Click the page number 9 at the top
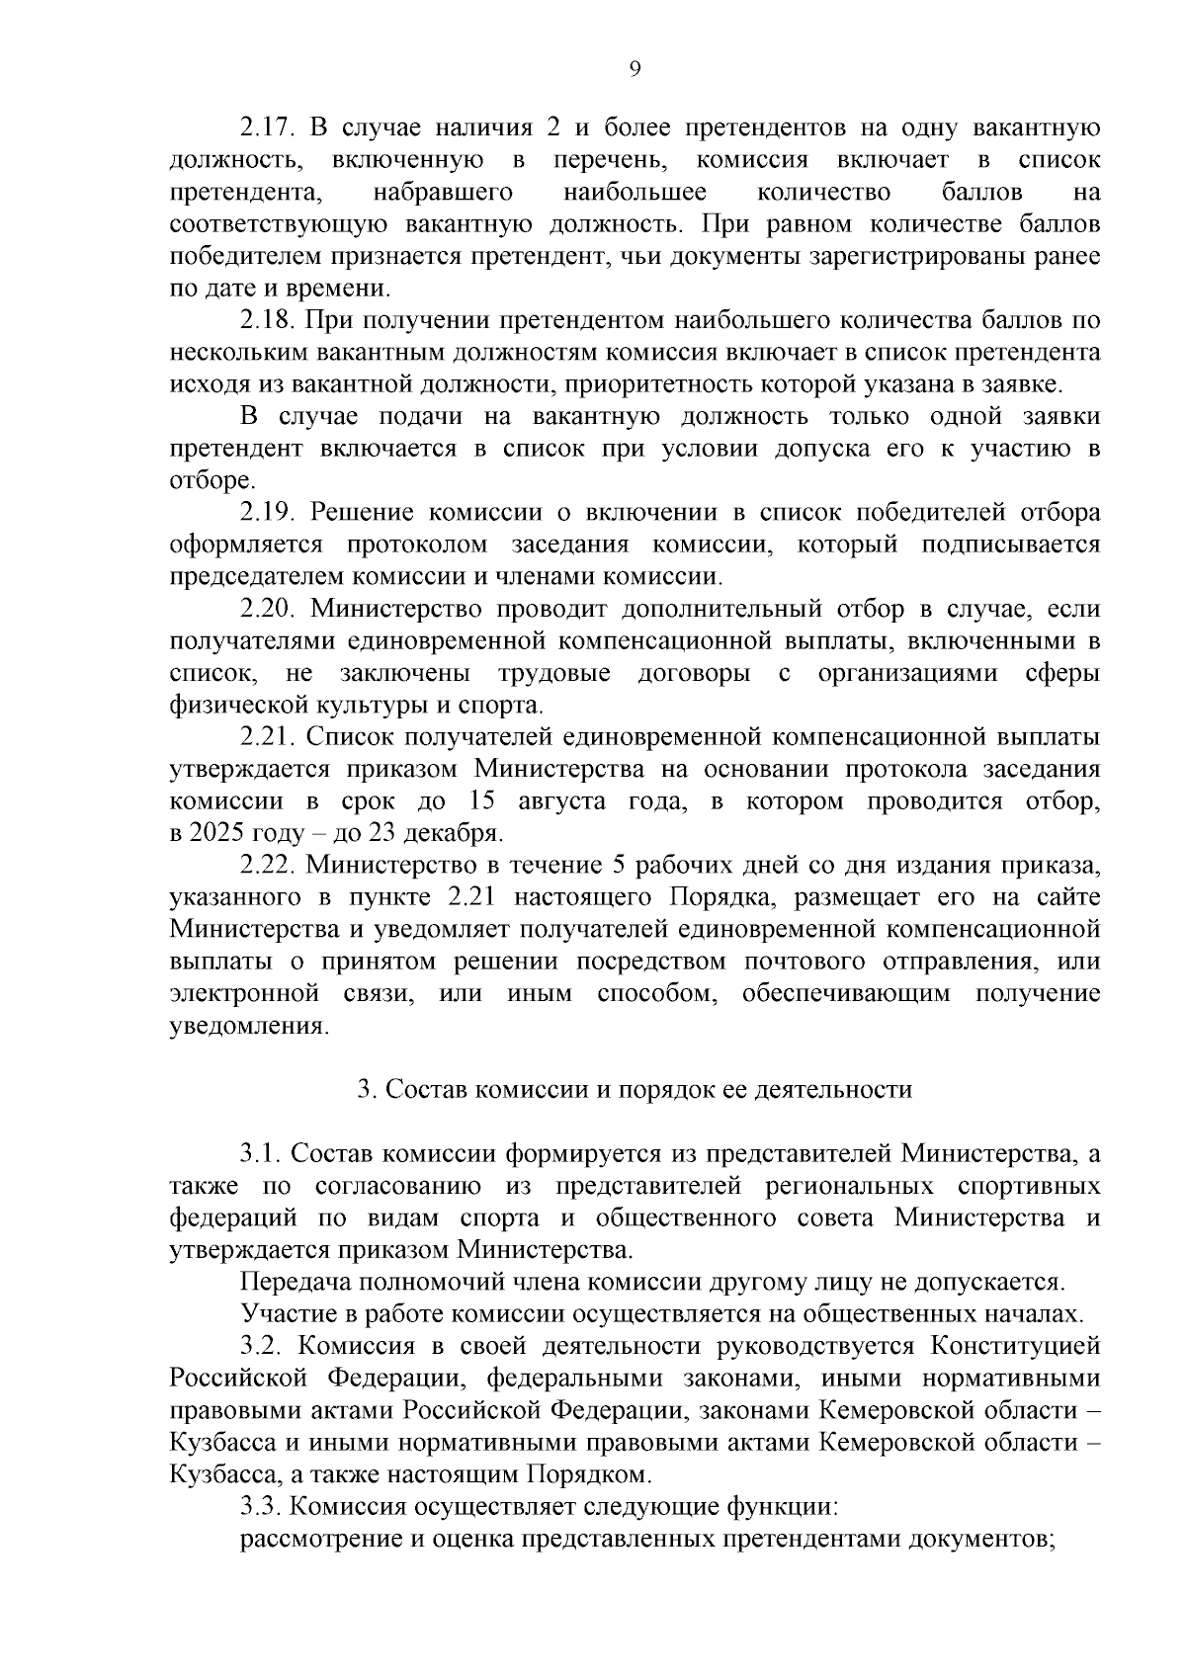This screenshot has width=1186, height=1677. [x=635, y=67]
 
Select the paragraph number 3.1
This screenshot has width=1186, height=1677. [x=260, y=1153]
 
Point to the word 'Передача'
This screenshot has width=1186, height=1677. [x=288, y=1282]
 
